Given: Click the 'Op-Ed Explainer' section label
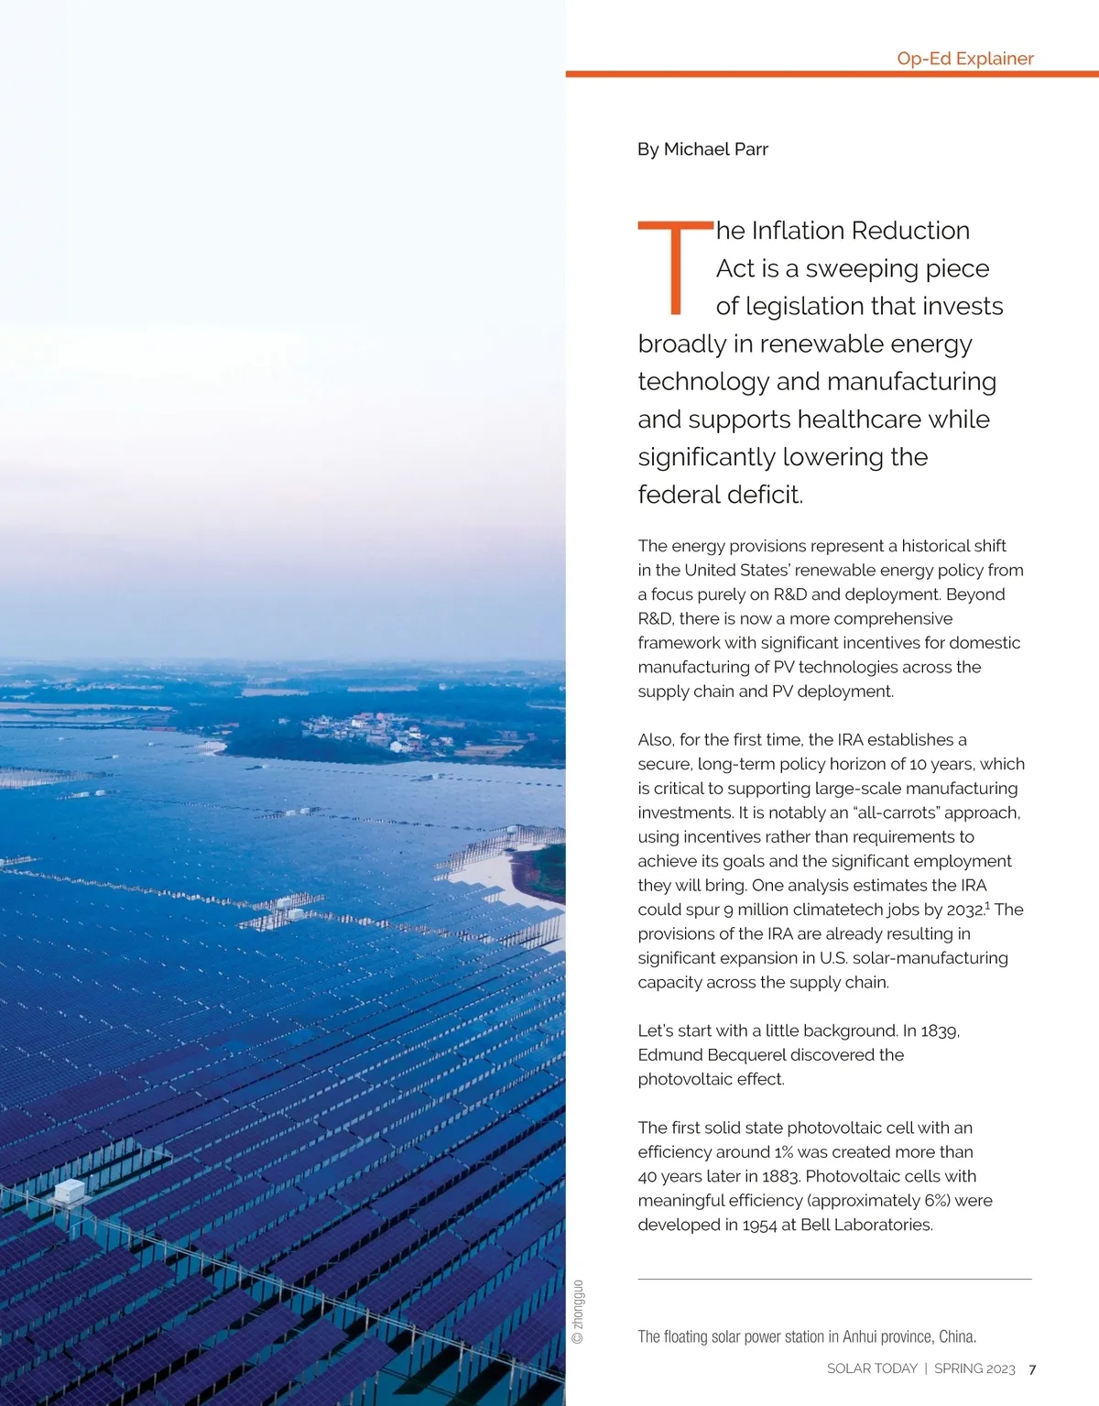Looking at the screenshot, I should [x=964, y=59].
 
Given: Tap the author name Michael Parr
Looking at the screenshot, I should [x=715, y=149].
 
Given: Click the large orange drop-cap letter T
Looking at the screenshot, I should [x=675, y=267].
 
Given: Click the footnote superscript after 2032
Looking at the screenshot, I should [x=988, y=905].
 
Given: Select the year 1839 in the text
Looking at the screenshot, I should [x=939, y=1030].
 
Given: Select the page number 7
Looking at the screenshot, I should [x=1032, y=1369].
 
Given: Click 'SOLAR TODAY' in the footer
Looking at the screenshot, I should [x=872, y=1368].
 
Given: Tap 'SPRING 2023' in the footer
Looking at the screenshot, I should [x=974, y=1368].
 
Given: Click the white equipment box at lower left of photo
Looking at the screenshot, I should [x=69, y=1191].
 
